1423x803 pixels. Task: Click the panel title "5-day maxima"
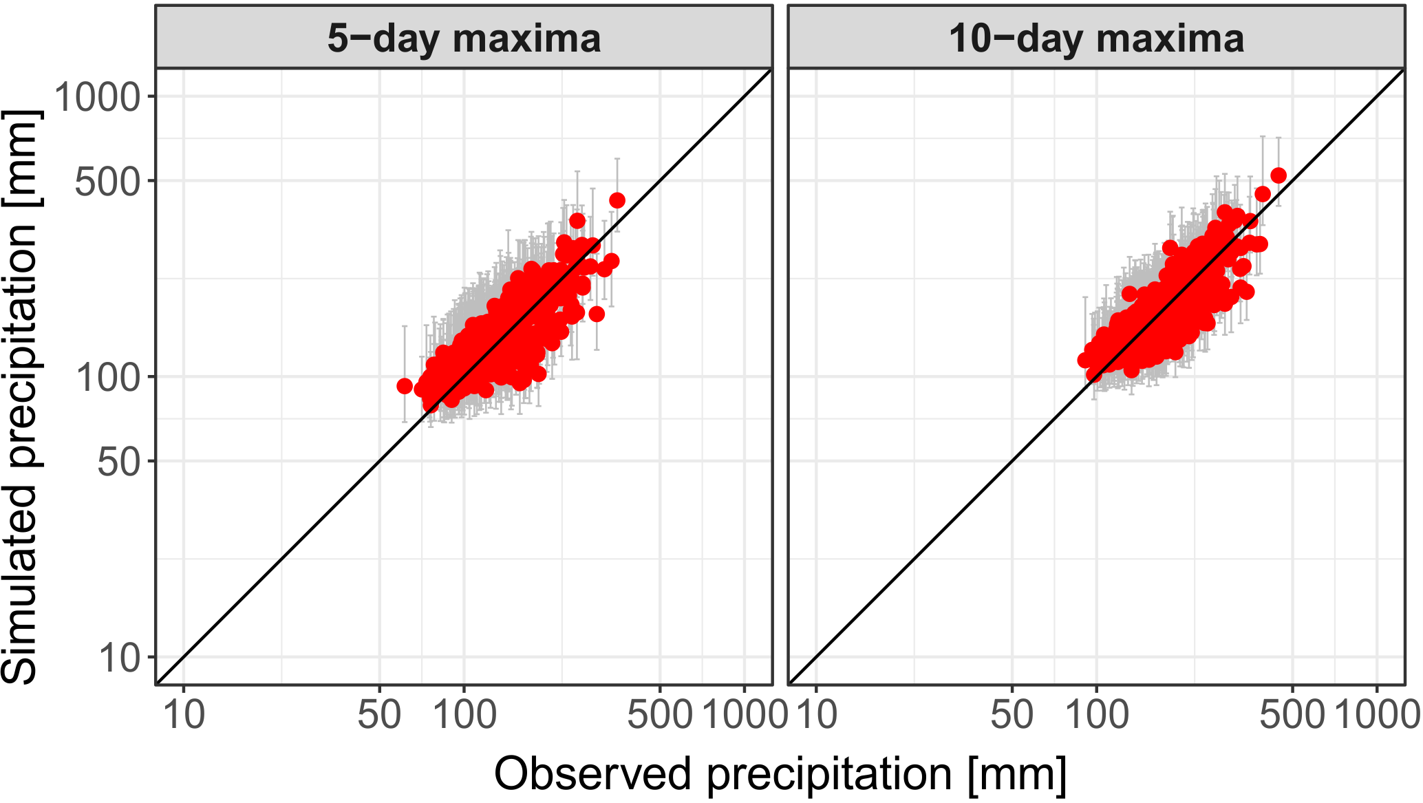pos(464,39)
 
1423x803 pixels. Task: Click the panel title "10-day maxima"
pos(1096,39)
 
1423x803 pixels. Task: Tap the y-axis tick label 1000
pos(97,96)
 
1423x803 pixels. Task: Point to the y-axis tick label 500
pos(107,182)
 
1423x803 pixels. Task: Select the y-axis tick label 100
pos(107,377)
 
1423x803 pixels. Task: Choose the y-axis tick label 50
pos(118,462)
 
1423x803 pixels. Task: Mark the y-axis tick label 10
pos(118,658)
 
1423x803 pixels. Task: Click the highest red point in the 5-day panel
pos(617,200)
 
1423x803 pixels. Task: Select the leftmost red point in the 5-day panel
pos(405,386)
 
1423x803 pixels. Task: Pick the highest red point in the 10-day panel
pos(1278,175)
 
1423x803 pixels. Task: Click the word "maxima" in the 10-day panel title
pos(1170,39)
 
